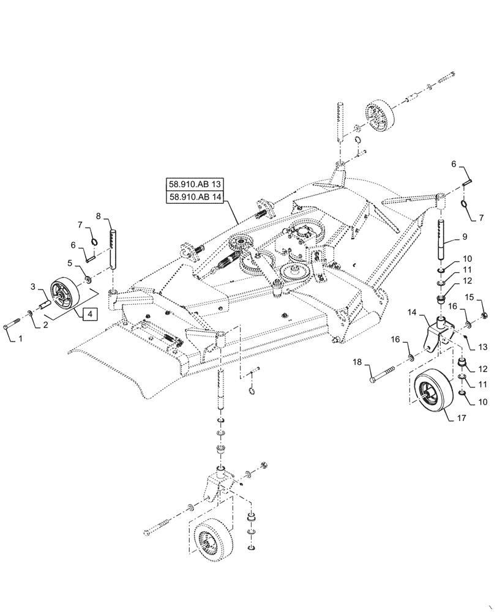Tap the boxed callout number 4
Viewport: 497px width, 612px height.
click(x=89, y=313)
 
